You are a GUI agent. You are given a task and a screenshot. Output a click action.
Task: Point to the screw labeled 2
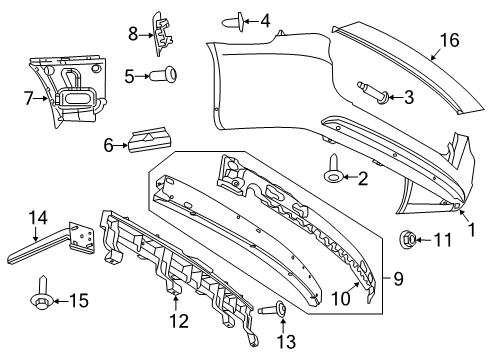[331, 178]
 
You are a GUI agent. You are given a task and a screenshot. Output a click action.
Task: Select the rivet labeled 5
[162, 73]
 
